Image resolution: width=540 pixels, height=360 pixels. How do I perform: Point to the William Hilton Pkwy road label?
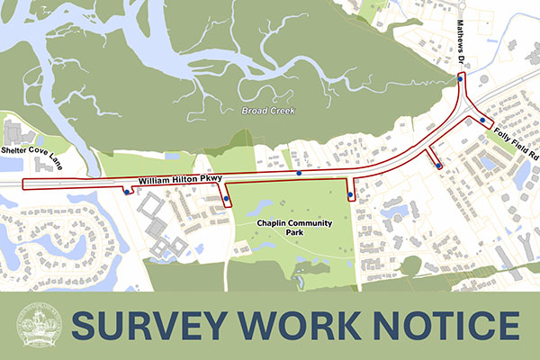tap(179, 181)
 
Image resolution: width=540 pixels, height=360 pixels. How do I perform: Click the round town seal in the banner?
tap(39, 326)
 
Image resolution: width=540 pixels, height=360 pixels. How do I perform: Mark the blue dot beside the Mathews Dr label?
tap(460, 79)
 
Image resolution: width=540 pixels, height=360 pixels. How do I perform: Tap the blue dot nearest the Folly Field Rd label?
tap(482, 120)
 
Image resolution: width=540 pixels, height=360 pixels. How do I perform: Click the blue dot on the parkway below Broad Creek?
tap(299, 172)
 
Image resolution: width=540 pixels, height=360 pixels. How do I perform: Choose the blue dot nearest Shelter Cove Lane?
tap(125, 189)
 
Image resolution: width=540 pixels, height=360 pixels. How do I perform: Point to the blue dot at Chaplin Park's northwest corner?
tap(227, 199)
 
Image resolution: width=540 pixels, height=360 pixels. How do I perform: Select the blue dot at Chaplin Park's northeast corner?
tap(349, 194)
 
